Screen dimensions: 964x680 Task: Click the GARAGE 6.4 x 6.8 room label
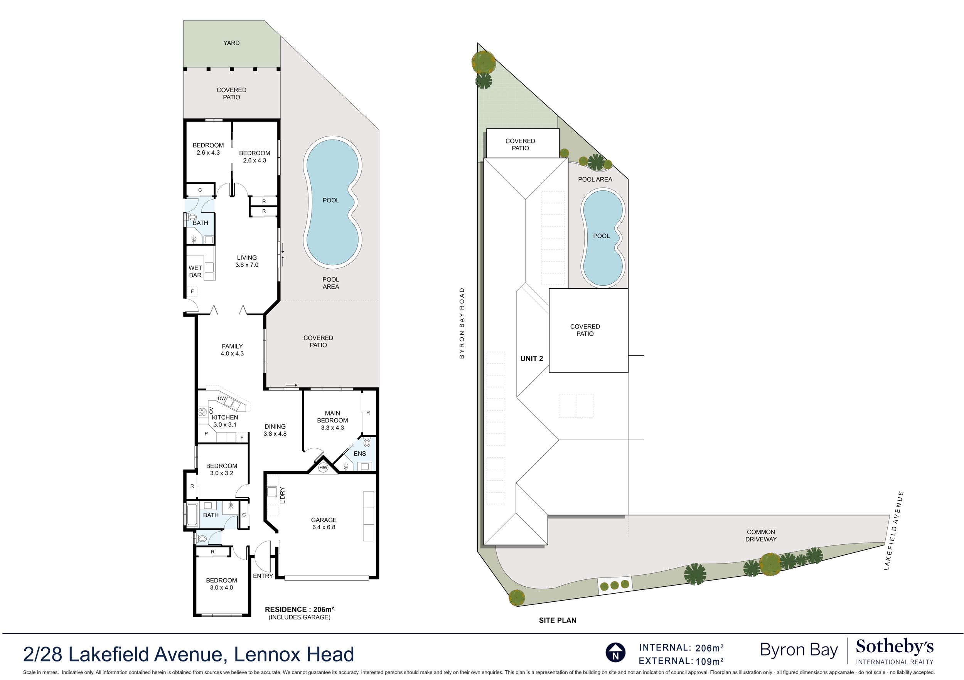pos(324,523)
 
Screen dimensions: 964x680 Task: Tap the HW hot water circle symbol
pos(323,467)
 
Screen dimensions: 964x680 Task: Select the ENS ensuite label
pos(360,453)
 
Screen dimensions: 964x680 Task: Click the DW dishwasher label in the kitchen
pos(222,398)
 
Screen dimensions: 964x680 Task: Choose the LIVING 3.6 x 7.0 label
pos(247,261)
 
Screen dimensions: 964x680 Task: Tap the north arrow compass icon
pos(615,653)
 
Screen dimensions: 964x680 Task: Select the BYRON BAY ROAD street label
pos(462,323)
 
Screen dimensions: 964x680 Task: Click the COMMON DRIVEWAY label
pos(761,535)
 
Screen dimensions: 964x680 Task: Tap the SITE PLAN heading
pos(558,620)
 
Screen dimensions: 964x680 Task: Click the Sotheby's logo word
pos(895,647)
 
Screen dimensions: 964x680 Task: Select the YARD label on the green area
pos(231,43)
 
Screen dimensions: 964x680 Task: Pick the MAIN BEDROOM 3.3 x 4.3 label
pos(332,420)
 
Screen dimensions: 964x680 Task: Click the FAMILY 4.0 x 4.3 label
pos(232,350)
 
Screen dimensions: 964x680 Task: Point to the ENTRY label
pos(263,576)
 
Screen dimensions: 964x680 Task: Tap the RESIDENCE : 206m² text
pos(299,609)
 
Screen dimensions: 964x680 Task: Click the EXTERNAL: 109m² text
pos(681,661)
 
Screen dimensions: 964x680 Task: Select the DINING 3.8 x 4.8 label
pos(275,430)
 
